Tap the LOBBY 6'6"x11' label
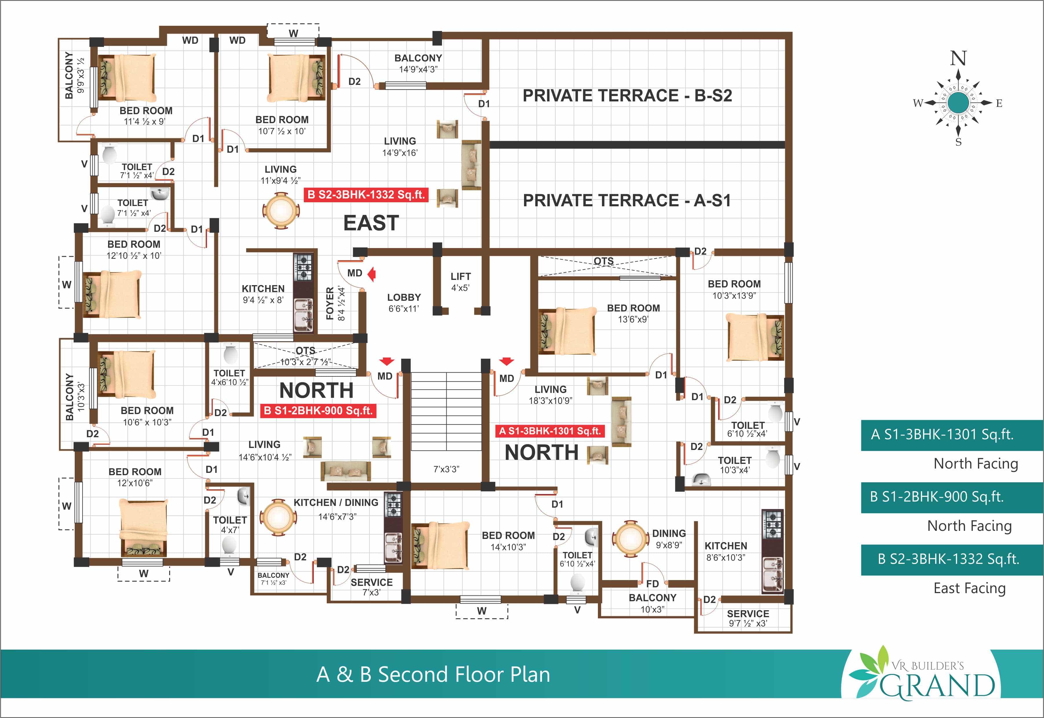tap(404, 303)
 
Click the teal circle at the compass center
tap(958, 103)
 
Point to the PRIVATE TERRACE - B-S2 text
tap(627, 95)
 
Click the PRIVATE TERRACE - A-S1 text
tap(627, 200)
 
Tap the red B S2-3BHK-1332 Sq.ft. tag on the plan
tap(366, 195)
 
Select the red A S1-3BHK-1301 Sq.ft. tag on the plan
tap(550, 431)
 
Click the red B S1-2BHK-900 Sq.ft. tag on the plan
tap(318, 411)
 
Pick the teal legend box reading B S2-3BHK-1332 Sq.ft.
tap(952, 560)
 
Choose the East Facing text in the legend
tap(969, 588)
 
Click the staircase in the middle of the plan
tap(446, 411)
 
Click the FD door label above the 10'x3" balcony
tap(652, 584)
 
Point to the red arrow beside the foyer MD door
tap(372, 274)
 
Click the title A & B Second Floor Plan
tap(433, 674)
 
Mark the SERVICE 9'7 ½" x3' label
tap(748, 618)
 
